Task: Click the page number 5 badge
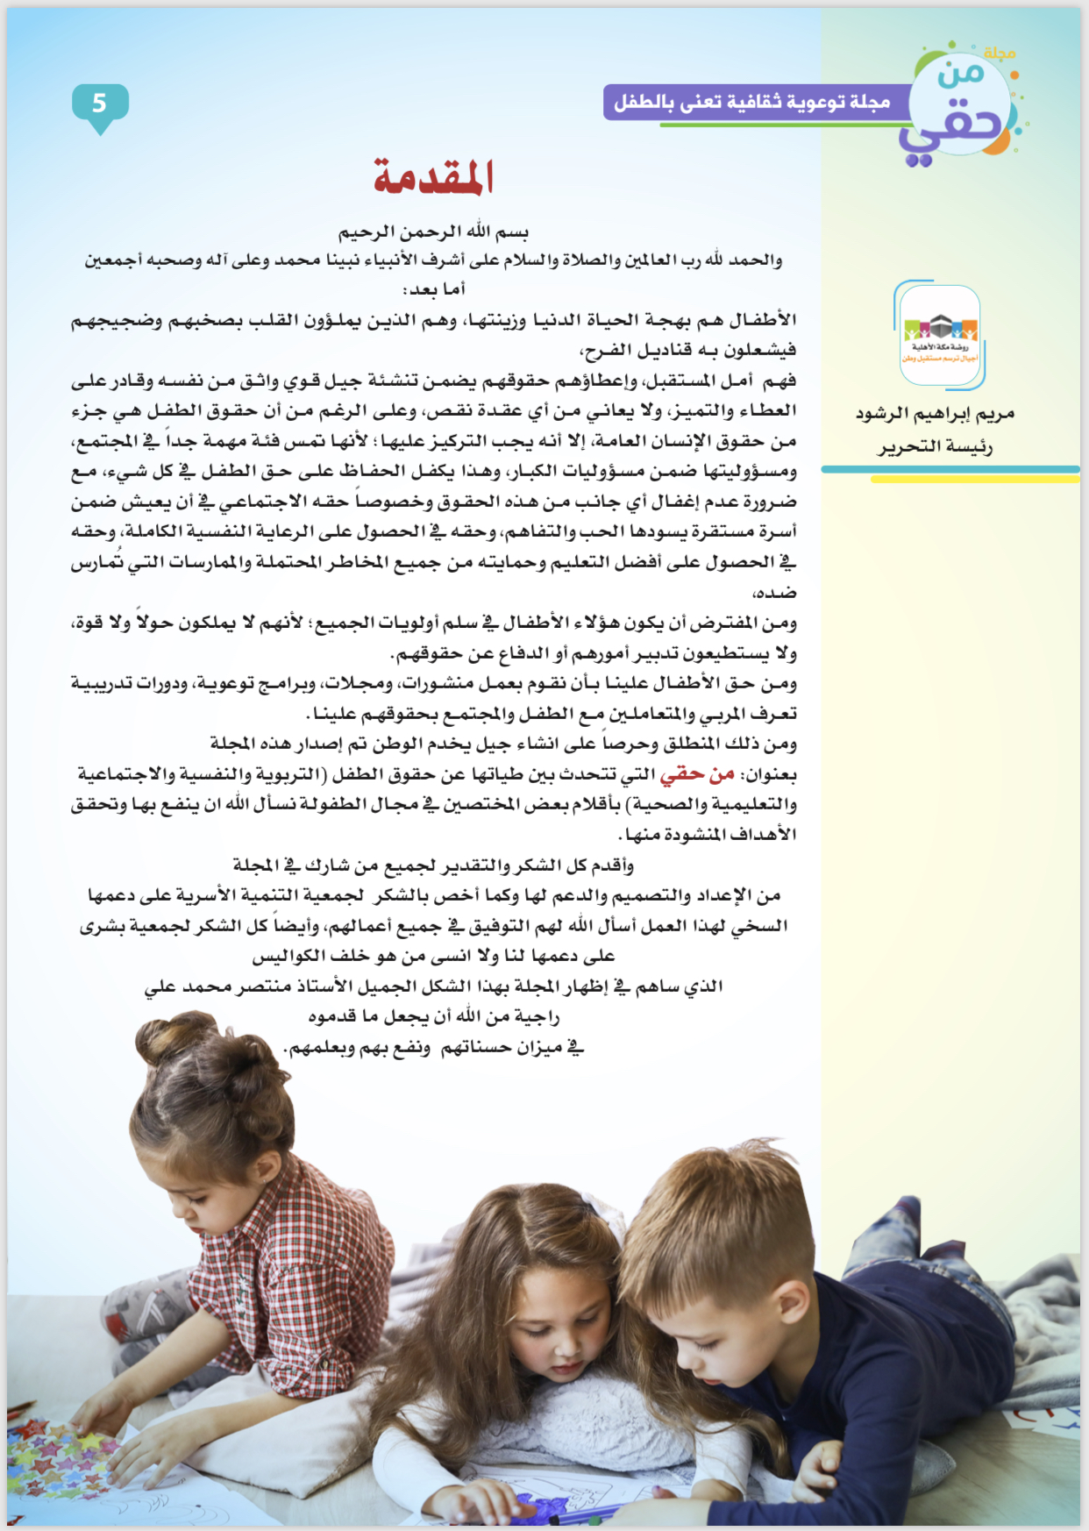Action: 100,104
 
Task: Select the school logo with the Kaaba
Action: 940,336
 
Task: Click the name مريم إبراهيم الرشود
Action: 936,413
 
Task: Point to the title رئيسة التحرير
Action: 936,447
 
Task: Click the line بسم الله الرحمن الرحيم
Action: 433,232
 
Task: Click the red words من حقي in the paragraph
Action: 697,774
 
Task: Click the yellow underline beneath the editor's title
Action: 973,480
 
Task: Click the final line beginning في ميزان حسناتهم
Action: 433,1048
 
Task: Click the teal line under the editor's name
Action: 950,469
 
